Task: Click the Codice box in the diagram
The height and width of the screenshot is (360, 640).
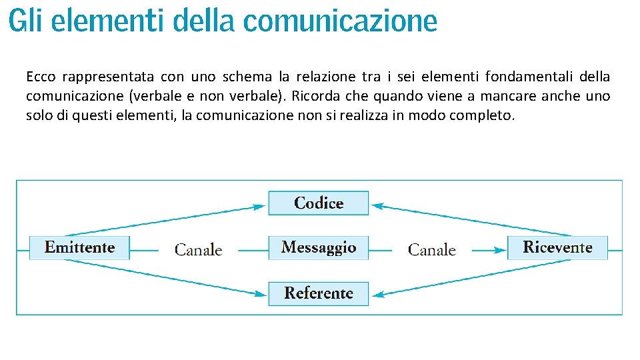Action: [x=318, y=203]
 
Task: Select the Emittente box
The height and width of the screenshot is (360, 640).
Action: [x=79, y=247]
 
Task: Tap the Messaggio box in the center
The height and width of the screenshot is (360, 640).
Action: [x=318, y=247]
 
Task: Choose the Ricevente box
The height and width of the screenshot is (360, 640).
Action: [x=557, y=247]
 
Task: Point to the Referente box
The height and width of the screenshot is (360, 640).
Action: [x=318, y=293]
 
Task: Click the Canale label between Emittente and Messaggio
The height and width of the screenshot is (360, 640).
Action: [x=198, y=250]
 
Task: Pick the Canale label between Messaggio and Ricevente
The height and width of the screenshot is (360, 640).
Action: [x=432, y=250]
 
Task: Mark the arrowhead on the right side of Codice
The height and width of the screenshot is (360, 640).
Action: [x=377, y=207]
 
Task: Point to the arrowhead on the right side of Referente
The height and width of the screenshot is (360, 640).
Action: [x=377, y=293]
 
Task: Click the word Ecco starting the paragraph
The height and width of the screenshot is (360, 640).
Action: [x=41, y=77]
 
